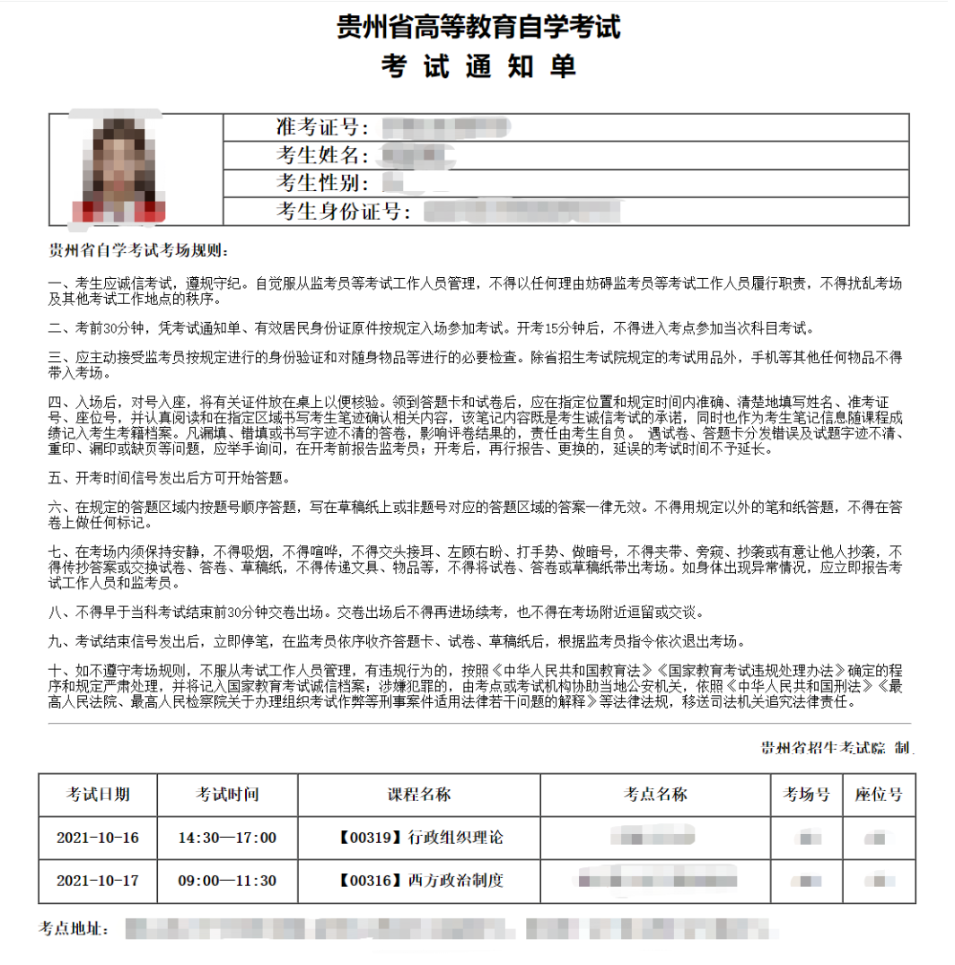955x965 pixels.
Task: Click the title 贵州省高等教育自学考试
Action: pyautogui.click(x=478, y=27)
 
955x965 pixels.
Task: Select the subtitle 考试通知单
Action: pyautogui.click(x=478, y=67)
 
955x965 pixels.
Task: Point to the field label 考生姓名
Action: pyautogui.click(x=322, y=155)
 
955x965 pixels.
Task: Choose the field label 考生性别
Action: pyautogui.click(x=322, y=183)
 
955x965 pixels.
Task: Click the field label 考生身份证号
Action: pyautogui.click(x=343, y=212)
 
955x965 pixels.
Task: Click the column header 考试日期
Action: pyautogui.click(x=98, y=795)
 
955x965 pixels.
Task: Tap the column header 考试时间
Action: pyautogui.click(x=228, y=795)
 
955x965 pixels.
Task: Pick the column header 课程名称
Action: pyautogui.click(x=419, y=795)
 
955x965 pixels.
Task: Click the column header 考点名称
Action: pyautogui.click(x=655, y=795)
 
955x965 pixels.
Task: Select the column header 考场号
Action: pyautogui.click(x=807, y=795)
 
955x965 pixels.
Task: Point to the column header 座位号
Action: pyautogui.click(x=879, y=795)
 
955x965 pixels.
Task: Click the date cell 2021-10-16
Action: pyautogui.click(x=98, y=838)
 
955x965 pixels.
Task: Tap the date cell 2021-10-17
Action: pyautogui.click(x=98, y=881)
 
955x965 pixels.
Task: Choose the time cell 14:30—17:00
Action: pyautogui.click(x=228, y=838)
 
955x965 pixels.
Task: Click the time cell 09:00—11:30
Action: pyautogui.click(x=228, y=881)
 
